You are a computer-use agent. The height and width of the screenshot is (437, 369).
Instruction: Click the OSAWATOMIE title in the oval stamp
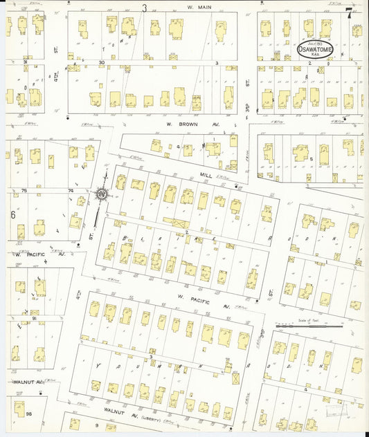tap(315, 50)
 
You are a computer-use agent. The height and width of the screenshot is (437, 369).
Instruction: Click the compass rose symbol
tap(102, 196)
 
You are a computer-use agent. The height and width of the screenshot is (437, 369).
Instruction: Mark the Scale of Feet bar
tap(308, 325)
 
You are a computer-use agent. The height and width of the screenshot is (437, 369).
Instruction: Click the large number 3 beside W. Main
tap(145, 8)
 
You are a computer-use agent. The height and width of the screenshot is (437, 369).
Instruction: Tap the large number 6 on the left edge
tap(12, 214)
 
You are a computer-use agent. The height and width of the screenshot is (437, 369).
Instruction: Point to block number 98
tap(28, 413)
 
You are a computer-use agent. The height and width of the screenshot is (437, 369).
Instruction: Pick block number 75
tap(24, 191)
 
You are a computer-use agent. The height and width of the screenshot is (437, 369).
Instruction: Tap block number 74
tap(71, 191)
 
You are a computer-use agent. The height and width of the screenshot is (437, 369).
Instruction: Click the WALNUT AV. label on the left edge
tap(26, 381)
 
